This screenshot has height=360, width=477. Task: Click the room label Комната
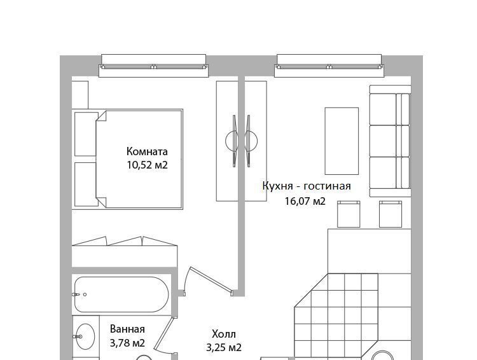tap(147, 151)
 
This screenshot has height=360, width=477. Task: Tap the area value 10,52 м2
tap(148, 165)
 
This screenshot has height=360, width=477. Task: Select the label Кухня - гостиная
tap(307, 186)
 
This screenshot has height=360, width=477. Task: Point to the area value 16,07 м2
tap(305, 201)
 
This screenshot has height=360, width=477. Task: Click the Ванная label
tap(127, 329)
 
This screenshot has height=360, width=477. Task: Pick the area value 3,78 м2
tap(127, 343)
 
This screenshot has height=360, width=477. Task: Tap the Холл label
tap(224, 334)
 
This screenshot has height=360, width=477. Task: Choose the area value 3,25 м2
tap(224, 347)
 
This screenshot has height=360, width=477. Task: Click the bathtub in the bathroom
tap(121, 294)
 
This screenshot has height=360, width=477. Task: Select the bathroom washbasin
tap(85, 336)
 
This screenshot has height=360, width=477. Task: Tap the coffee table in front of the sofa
tap(342, 141)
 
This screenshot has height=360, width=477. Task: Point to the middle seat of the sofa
tap(389, 141)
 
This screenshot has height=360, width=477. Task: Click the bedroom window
tap(154, 66)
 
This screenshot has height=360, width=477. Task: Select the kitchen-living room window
tap(329, 66)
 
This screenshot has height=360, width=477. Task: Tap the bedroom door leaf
tap(211, 280)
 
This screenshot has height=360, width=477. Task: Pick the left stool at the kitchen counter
tap(349, 214)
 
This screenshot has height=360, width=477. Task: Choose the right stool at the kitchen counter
tap(391, 214)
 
